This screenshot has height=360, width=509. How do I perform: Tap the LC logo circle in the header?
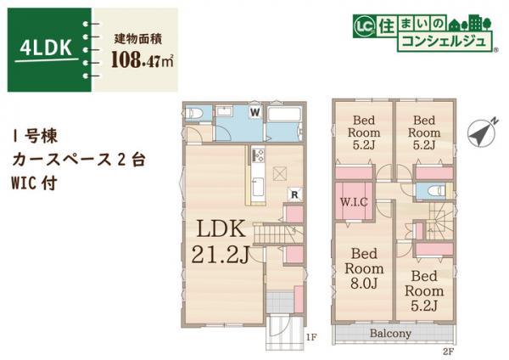click(362, 26)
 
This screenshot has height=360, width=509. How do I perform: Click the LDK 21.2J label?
click(222, 240)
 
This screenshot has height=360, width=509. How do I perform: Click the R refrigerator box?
click(293, 194)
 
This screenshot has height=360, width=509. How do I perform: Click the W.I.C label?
click(353, 202)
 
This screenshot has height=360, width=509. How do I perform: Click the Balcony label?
click(389, 334)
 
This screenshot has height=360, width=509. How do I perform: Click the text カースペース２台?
click(69, 159)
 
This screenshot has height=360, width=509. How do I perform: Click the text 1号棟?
click(36, 136)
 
